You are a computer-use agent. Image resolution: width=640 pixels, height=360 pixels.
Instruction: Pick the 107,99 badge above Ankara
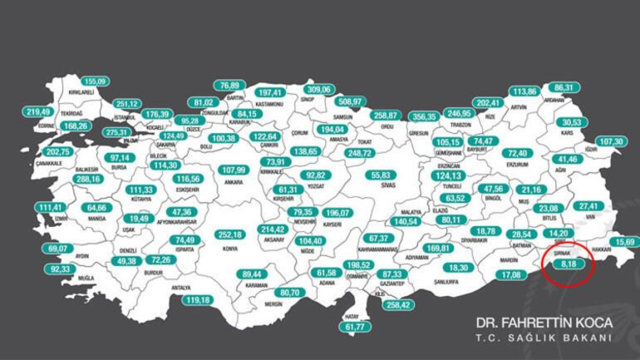234,170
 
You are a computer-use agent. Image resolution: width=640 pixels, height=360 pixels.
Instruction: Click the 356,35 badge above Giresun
424,116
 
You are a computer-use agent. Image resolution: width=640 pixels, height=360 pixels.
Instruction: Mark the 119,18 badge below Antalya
198,300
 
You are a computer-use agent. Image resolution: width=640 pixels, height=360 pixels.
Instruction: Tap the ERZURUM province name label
517,163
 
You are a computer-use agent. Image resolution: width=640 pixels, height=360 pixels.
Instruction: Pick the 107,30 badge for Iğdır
611,142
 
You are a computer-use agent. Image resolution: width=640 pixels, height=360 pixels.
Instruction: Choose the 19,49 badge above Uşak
138,218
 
